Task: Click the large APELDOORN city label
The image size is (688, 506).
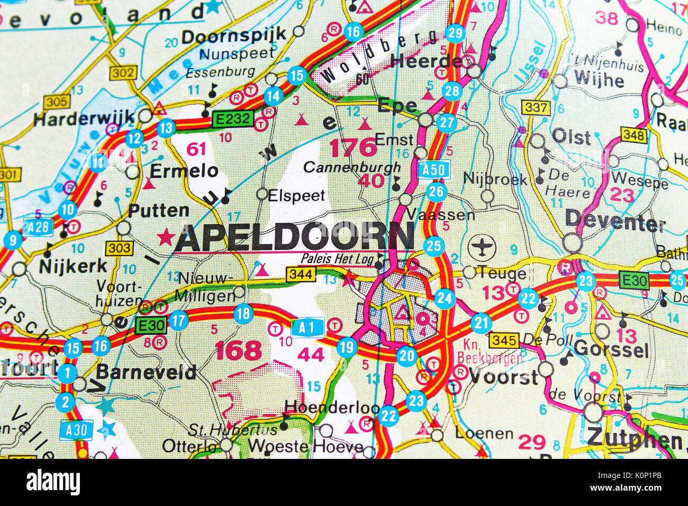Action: (x=294, y=237)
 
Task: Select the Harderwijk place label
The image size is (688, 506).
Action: (x=84, y=119)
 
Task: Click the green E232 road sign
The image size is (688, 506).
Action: (x=232, y=119)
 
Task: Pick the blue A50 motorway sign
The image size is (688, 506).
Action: (x=434, y=170)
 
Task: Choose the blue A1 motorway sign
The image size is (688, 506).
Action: (x=307, y=328)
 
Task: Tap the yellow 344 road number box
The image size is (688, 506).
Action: (x=301, y=274)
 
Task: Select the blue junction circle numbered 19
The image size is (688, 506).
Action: (x=347, y=348)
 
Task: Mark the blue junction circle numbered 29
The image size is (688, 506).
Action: (x=455, y=33)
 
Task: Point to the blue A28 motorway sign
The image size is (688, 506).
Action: (x=38, y=227)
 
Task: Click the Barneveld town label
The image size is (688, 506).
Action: (x=146, y=372)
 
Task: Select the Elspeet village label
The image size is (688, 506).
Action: (x=296, y=195)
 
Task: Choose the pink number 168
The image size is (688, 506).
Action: (x=238, y=350)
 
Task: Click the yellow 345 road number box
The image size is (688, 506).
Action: (x=503, y=340)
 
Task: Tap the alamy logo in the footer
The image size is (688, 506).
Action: (x=53, y=482)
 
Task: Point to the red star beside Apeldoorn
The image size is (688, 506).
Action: (x=166, y=237)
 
